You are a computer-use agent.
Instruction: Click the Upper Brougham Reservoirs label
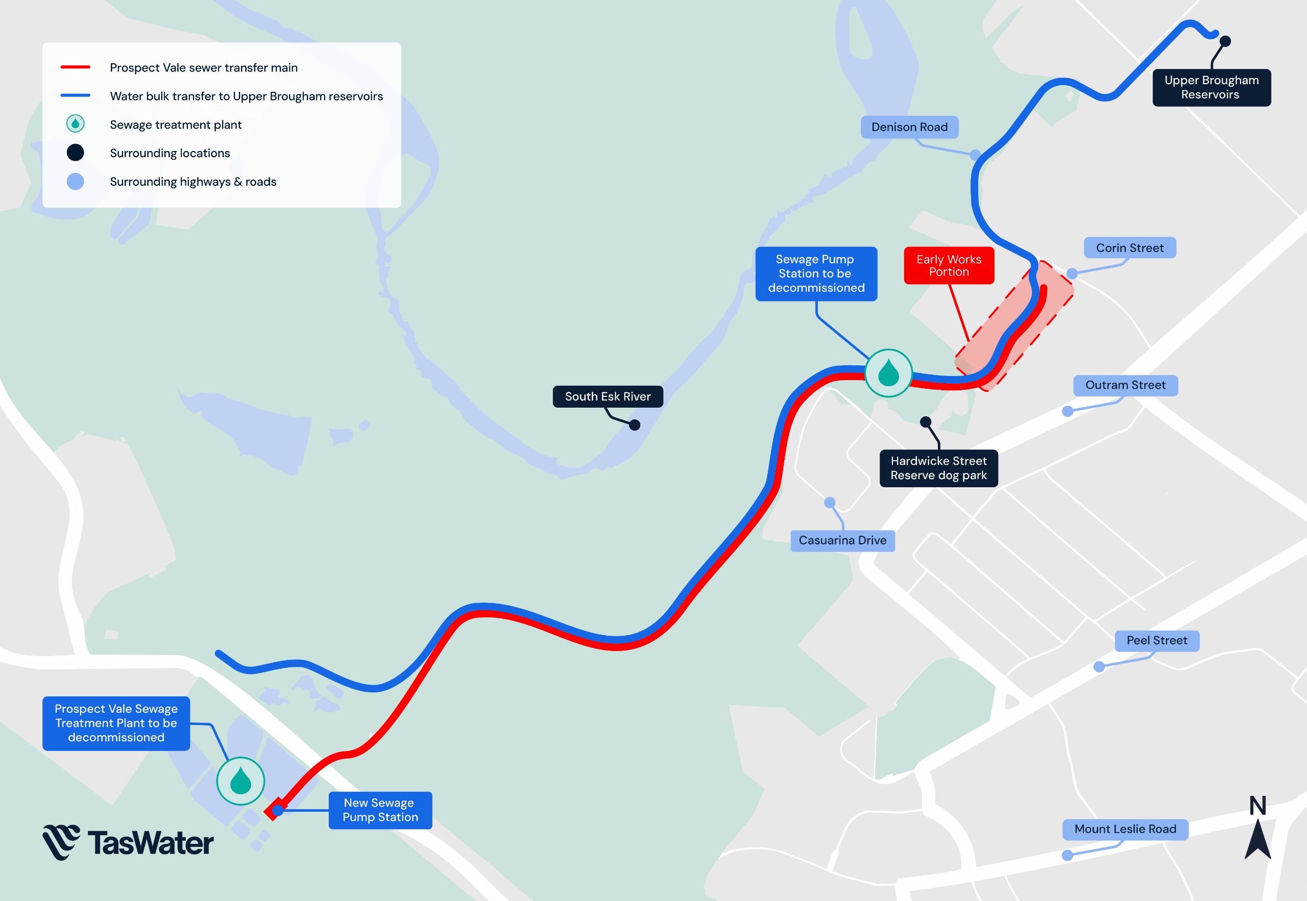1211,88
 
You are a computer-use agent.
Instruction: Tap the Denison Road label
909,127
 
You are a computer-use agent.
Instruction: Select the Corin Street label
1130,248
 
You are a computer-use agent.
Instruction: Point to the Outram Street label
1125,385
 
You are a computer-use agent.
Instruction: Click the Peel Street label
1157,640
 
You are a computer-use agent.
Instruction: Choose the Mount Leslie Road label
1125,829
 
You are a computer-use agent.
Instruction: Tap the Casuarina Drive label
842,540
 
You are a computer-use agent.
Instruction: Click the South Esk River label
608,396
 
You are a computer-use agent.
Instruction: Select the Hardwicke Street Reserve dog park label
938,468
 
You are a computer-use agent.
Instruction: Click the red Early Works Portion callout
949,265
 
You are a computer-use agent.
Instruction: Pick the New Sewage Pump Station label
380,810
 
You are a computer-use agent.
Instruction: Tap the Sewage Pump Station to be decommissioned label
816,273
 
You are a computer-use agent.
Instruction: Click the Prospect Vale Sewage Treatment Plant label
116,722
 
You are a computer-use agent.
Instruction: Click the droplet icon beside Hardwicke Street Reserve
888,373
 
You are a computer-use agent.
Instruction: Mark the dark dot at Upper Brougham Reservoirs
1225,41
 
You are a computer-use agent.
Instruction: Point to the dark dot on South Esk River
635,425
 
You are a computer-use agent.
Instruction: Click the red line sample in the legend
75,67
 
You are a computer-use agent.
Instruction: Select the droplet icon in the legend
75,123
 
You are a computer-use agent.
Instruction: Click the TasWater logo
128,842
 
